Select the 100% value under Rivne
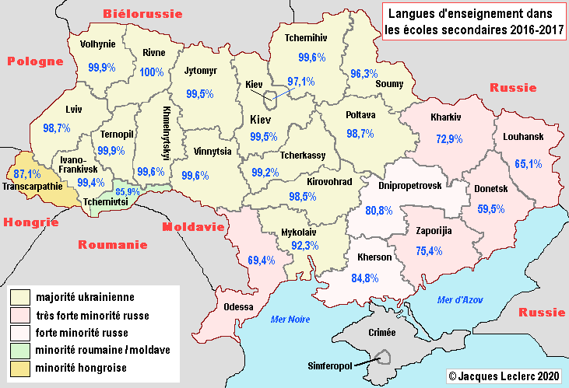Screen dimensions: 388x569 click(152, 72)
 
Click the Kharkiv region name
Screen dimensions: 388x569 click(446, 118)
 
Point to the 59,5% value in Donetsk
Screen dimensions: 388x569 click(490, 208)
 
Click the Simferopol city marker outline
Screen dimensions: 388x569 click(382, 356)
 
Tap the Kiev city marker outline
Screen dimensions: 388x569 click(271, 99)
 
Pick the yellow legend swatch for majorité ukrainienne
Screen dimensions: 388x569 click(19, 297)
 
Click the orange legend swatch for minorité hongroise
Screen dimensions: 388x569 click(19, 367)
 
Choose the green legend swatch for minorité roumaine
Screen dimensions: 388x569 click(19, 350)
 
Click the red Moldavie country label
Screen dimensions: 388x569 click(193, 227)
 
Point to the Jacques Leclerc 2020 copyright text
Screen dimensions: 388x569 click(504, 376)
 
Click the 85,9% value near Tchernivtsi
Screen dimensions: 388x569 click(128, 191)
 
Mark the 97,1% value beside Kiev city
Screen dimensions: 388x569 click(300, 81)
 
